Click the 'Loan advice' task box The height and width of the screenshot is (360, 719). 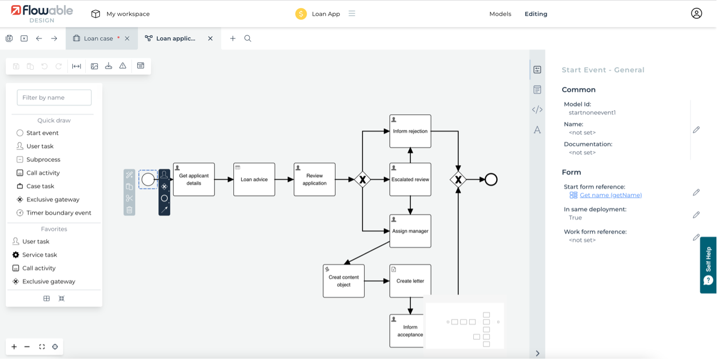[x=254, y=180]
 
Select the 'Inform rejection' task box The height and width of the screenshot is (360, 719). [x=410, y=131]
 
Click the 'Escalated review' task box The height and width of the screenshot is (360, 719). [x=410, y=180]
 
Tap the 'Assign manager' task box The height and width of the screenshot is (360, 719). [x=410, y=231]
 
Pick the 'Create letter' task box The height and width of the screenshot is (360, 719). [x=410, y=281]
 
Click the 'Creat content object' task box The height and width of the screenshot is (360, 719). [x=343, y=281]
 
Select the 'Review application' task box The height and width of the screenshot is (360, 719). [x=314, y=180]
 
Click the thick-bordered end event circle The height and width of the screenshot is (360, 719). [x=491, y=180]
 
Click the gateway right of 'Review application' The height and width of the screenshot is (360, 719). [x=362, y=180]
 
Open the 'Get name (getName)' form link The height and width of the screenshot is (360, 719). [x=610, y=195]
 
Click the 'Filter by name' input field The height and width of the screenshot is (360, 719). [x=54, y=98]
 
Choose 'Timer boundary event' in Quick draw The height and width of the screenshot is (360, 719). [x=59, y=213]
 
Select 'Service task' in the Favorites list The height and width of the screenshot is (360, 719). [x=39, y=255]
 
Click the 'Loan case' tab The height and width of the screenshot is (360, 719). [x=98, y=38]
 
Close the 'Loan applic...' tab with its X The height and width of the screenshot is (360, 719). [x=210, y=38]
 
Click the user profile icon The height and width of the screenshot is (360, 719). [x=696, y=14]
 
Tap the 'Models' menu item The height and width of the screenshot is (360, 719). [x=500, y=14]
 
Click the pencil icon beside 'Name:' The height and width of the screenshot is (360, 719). [x=696, y=129]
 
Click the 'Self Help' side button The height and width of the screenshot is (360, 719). [x=709, y=265]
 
